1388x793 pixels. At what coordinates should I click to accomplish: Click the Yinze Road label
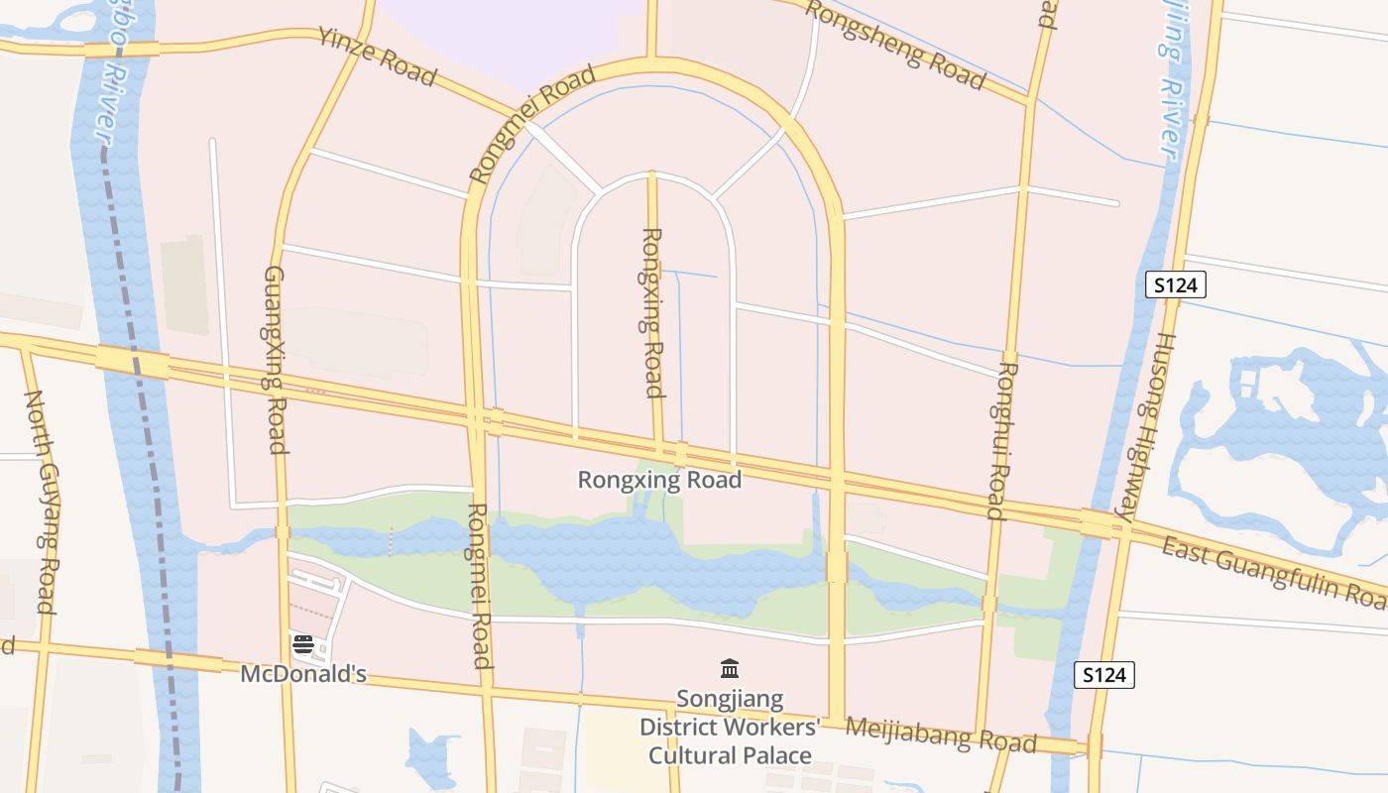click(378, 57)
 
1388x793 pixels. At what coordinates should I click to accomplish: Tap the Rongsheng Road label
click(894, 45)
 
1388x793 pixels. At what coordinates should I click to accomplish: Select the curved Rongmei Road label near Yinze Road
click(532, 124)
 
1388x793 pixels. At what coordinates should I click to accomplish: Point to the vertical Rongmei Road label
click(480, 586)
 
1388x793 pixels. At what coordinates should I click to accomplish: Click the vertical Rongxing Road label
click(652, 312)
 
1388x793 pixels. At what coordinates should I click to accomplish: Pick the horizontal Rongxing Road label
click(659, 481)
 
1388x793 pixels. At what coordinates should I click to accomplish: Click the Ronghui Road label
click(1003, 440)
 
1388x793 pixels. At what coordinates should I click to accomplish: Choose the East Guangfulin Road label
click(1274, 573)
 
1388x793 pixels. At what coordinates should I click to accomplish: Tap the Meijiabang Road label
click(941, 735)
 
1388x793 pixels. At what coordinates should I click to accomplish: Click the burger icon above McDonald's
click(303, 644)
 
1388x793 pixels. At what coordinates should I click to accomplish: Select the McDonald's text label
click(303, 675)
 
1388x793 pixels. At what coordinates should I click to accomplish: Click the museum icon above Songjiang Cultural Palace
click(730, 669)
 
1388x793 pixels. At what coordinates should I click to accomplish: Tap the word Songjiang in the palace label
click(730, 700)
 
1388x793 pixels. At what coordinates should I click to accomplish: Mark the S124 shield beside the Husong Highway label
click(1176, 285)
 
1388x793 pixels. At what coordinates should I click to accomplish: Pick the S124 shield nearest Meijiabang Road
click(1104, 676)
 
